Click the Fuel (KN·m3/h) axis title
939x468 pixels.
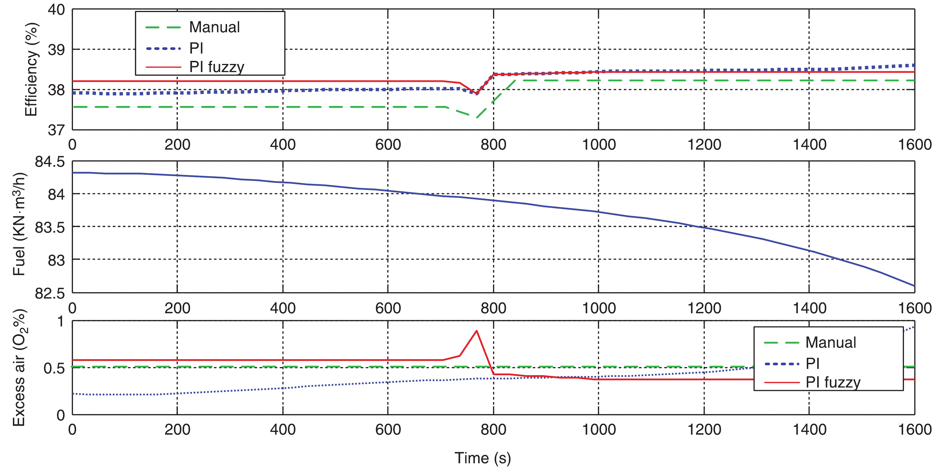point(19,224)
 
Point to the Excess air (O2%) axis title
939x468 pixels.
point(19,368)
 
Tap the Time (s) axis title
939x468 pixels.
point(482,458)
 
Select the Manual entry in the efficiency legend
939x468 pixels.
point(214,27)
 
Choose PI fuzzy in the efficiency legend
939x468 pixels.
point(217,67)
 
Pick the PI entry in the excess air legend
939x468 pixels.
point(812,363)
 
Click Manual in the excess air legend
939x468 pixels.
point(830,343)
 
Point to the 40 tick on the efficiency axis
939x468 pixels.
point(56,10)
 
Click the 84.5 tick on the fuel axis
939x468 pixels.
point(50,162)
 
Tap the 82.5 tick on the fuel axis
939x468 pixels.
point(50,293)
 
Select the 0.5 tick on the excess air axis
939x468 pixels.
point(54,368)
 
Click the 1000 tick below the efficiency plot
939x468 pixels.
point(599,145)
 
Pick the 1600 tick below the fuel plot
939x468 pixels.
point(915,308)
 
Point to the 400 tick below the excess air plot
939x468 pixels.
point(283,430)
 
